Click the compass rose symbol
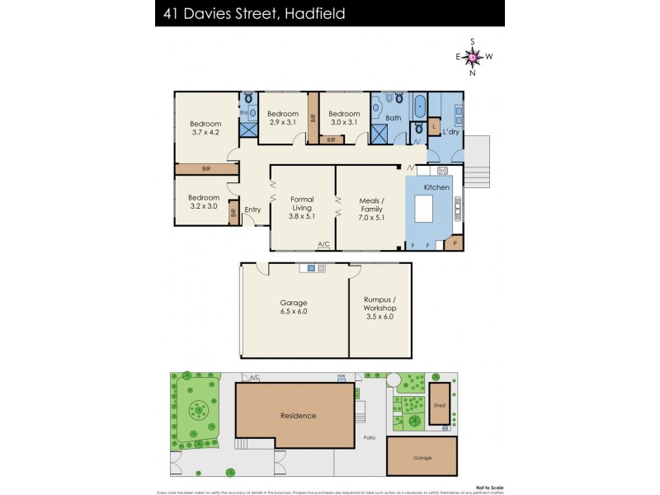[x=473, y=57]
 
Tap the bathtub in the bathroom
[x=419, y=106]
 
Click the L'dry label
[x=451, y=132]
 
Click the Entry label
[x=252, y=210]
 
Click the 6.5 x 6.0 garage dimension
[x=294, y=312]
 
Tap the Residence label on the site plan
[x=298, y=416]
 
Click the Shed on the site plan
[x=439, y=404]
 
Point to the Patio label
[x=370, y=438]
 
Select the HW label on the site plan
[x=340, y=376]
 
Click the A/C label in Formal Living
[x=324, y=243]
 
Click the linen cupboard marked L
[x=434, y=125]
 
